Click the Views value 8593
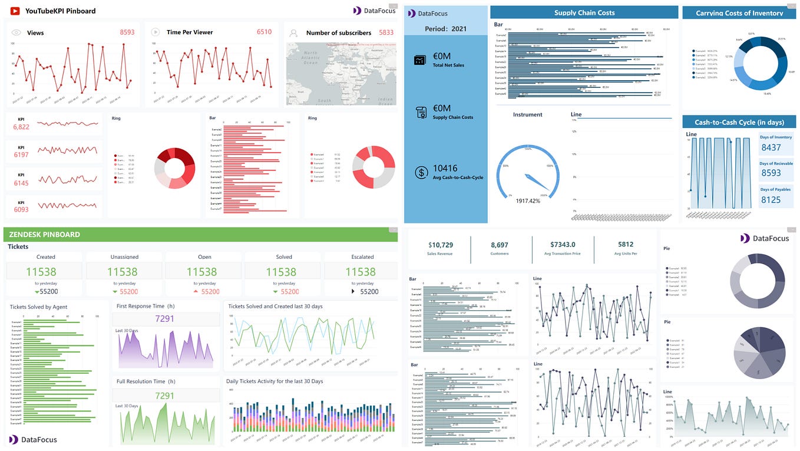pyautogui.click(x=127, y=32)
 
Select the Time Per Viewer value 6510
pyautogui.click(x=264, y=32)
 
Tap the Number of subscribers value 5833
pyautogui.click(x=386, y=32)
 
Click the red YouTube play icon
pyautogui.click(x=15, y=11)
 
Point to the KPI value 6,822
pyautogui.click(x=21, y=127)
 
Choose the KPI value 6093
pyautogui.click(x=21, y=209)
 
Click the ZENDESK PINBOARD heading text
pyautogui.click(x=44, y=235)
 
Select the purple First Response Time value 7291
pyautogui.click(x=164, y=318)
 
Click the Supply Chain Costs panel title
pyautogui.click(x=584, y=12)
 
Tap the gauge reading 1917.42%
pyautogui.click(x=528, y=201)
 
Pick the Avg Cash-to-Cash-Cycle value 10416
pyautogui.click(x=445, y=169)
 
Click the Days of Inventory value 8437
pyautogui.click(x=771, y=148)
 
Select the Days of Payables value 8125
pyautogui.click(x=771, y=200)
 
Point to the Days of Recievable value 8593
pyautogui.click(x=771, y=173)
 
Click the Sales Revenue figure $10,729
pyautogui.click(x=440, y=245)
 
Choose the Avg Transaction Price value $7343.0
pyautogui.click(x=563, y=245)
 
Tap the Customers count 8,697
pyautogui.click(x=499, y=245)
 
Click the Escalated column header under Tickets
pyautogui.click(x=362, y=257)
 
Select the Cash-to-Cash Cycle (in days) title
pyautogui.click(x=739, y=123)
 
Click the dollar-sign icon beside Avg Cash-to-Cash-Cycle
pyautogui.click(x=421, y=172)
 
